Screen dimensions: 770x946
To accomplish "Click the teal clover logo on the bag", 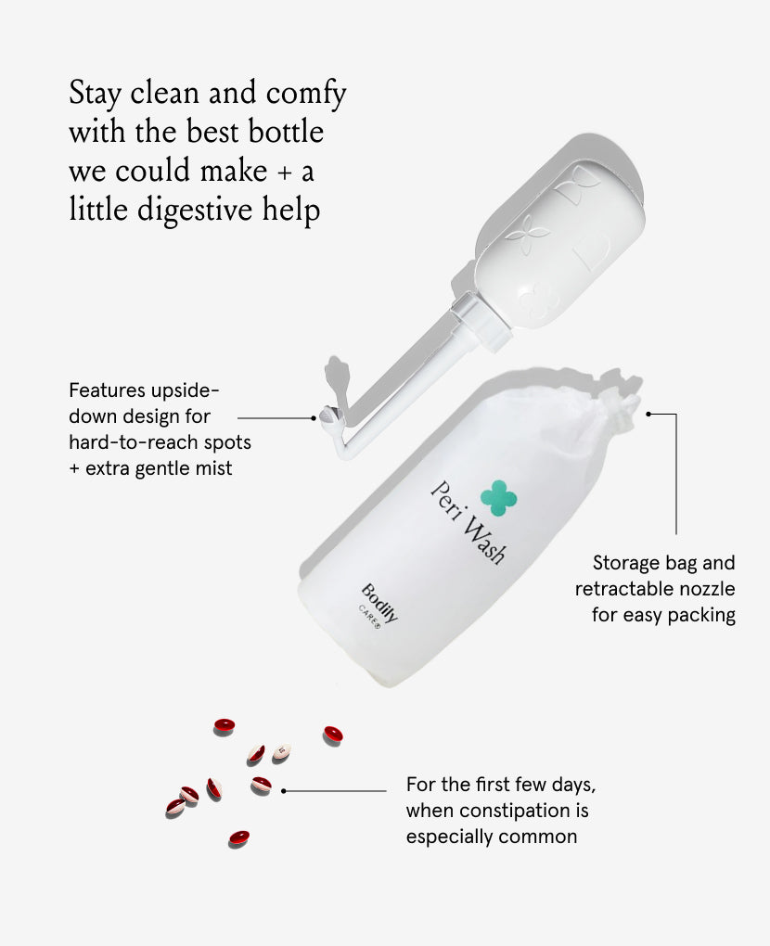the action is (498, 498).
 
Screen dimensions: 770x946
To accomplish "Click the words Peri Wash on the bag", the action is (468, 522).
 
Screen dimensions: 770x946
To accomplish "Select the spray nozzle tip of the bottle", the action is (327, 415).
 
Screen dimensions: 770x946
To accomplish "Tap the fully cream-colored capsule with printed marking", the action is (281, 752).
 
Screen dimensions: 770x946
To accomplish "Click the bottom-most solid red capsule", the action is (239, 837).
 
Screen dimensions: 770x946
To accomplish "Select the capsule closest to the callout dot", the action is (261, 785).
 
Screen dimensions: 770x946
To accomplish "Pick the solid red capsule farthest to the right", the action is (332, 735).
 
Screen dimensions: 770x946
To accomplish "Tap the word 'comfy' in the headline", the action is (306, 94).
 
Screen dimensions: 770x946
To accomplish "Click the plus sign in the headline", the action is (284, 173).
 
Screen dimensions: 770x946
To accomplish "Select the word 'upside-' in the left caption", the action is (185, 391).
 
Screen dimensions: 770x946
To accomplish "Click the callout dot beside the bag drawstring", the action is (648, 414).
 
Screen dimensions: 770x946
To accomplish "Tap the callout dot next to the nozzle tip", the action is (314, 417).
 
